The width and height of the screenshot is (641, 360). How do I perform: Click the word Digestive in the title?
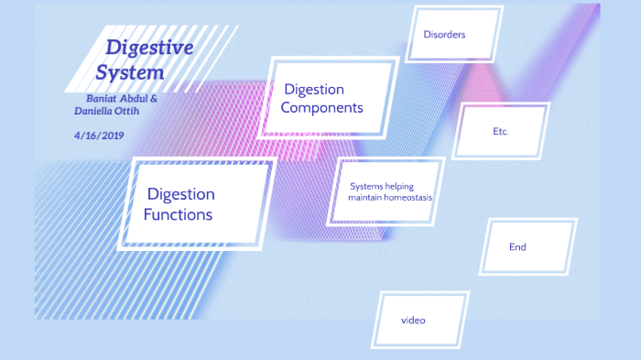tap(149, 47)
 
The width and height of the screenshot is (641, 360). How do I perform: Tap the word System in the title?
tap(130, 71)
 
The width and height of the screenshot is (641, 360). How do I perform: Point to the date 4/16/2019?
tap(99, 136)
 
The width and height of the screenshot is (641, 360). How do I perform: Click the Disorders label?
tap(444, 35)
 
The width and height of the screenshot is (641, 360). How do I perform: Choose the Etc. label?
tap(500, 132)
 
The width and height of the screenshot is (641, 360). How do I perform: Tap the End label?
tap(517, 247)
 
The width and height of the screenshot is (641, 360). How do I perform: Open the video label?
tap(413, 321)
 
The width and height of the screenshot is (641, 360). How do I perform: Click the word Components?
tap(321, 108)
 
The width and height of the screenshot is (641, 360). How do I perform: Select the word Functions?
tap(178, 215)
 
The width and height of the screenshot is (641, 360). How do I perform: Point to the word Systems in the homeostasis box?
tap(365, 186)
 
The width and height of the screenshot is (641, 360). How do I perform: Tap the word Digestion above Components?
tap(314, 90)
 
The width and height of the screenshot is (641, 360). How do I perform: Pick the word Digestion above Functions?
tap(180, 194)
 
